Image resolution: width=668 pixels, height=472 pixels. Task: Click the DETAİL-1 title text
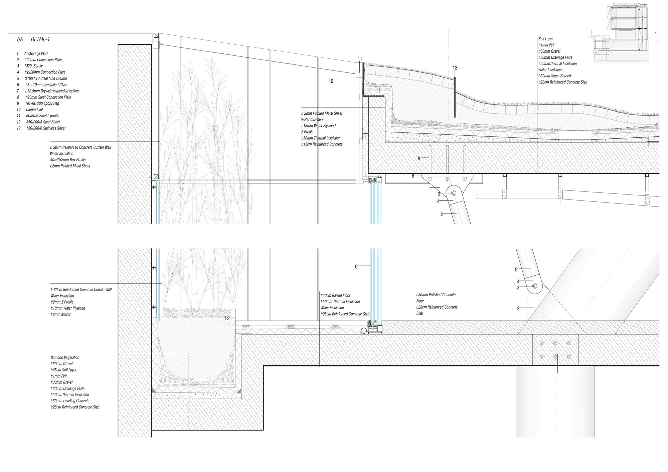coord(40,39)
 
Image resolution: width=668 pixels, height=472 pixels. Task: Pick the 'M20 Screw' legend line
coord(33,66)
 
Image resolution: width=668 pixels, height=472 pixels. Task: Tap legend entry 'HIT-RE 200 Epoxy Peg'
coord(42,103)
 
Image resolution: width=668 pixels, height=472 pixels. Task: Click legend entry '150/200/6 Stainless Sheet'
coord(46,128)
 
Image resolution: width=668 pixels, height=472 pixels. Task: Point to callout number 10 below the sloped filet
coord(331,81)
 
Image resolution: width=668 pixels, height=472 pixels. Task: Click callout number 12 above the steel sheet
coord(455,68)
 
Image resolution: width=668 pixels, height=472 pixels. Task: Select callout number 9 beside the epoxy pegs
coord(419,159)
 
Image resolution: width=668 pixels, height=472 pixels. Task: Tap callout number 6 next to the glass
coord(356,267)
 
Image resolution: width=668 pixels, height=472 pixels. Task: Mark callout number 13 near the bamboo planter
coord(226,318)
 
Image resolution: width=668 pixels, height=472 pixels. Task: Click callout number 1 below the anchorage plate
coord(557,375)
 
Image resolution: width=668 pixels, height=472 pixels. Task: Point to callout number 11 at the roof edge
coord(360,59)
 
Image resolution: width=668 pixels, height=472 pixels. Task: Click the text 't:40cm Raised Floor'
coord(335,296)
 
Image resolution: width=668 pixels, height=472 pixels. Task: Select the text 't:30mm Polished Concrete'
coord(436,295)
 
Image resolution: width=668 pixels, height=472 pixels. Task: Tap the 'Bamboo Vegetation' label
coord(65,358)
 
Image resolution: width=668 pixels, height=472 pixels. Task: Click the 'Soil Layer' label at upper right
coord(545,39)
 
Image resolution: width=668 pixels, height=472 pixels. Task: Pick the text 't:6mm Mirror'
coord(60,315)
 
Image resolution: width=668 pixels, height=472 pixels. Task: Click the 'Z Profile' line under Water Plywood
coord(307,132)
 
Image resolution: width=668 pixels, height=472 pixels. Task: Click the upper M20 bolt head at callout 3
coord(454,193)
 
